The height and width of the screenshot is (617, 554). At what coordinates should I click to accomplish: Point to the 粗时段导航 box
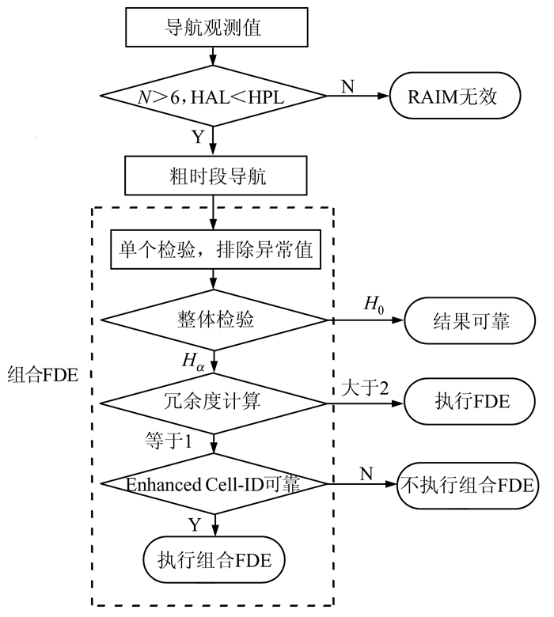pos(214,176)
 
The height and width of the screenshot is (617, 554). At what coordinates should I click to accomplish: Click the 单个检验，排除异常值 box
pos(214,252)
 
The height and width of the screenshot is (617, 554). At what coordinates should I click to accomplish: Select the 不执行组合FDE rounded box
pos(469,484)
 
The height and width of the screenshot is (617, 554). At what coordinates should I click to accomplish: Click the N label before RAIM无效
pos(347,84)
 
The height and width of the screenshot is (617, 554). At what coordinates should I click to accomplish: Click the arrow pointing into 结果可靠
pos(396,320)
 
